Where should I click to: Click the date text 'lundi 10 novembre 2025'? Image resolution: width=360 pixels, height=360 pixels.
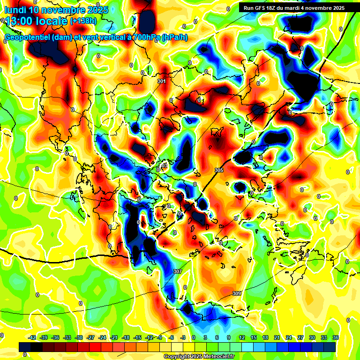(x=56, y=10)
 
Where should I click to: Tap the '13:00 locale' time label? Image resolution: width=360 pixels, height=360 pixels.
(x=36, y=21)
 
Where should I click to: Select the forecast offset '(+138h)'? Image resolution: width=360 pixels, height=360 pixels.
(x=83, y=21)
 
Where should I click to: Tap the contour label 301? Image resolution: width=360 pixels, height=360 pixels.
(x=162, y=81)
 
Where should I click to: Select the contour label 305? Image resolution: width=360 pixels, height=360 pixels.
(x=219, y=170)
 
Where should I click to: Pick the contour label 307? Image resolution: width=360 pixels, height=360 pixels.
(x=177, y=271)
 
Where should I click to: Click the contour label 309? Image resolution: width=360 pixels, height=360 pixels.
(x=237, y=293)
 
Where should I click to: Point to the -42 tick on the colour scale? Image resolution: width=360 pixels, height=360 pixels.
(x=32, y=337)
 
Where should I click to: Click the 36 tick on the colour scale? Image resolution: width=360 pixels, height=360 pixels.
(x=336, y=337)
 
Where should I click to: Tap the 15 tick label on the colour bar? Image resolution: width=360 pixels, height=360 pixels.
(x=253, y=337)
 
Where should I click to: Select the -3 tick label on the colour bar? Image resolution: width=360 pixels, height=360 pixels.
(x=183, y=337)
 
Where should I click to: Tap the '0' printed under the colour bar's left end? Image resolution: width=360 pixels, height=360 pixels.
(x=25, y=355)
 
